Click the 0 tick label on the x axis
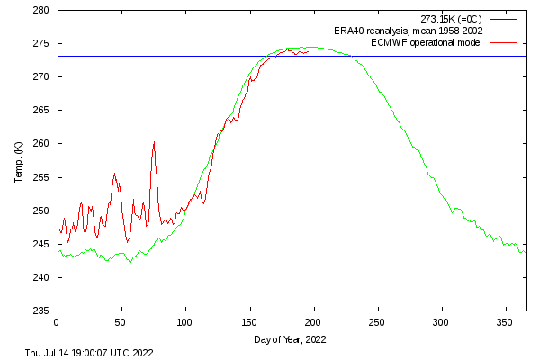(57, 321)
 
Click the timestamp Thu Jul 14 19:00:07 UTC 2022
(89, 353)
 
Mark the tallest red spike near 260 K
(154, 142)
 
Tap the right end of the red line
(309, 51)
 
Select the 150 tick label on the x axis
(249, 321)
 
